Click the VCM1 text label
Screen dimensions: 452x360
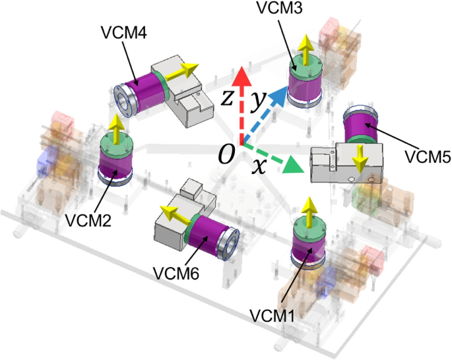point(272,316)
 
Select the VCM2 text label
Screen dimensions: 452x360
point(88,221)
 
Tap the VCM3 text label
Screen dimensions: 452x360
point(279,8)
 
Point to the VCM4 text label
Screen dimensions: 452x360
point(124,32)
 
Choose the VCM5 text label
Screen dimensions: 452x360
point(428,157)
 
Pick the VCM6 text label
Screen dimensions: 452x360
point(176,273)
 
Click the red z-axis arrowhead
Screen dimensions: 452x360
point(242,76)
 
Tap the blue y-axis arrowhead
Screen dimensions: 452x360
point(279,93)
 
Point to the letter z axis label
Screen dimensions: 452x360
point(227,98)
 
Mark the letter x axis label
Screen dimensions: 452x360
point(259,166)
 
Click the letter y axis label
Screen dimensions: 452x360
point(258,100)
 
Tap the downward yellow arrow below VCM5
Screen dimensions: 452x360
point(360,159)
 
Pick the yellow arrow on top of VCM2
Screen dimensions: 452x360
point(116,129)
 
